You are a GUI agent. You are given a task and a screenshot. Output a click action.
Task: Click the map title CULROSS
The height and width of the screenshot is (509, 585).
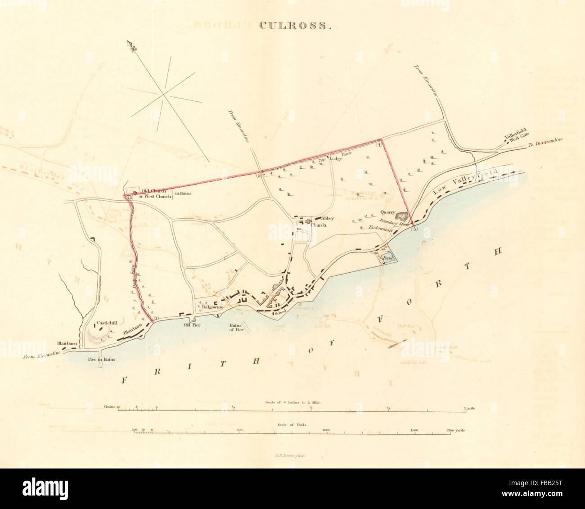click(295, 25)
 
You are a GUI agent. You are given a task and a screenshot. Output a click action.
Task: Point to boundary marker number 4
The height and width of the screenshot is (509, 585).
click(379, 145)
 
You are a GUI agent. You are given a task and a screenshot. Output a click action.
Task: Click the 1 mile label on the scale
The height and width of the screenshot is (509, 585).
click(470, 408)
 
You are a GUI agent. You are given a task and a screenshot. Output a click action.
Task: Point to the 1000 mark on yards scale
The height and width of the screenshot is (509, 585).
click(327, 430)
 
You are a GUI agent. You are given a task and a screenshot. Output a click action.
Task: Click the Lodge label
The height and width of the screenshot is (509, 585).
click(335, 159)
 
